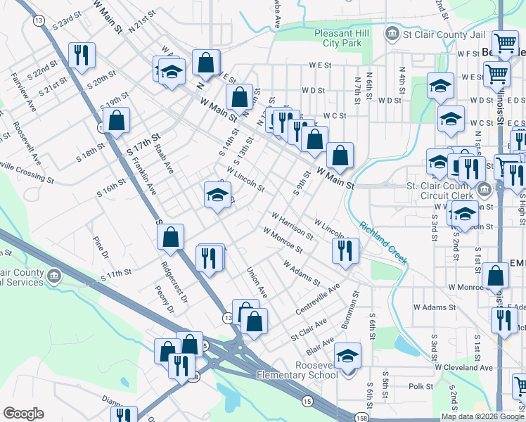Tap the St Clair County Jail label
pyautogui.click(x=439, y=32)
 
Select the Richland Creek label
pyautogui.click(x=383, y=243)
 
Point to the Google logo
pyautogui.click(x=23, y=414)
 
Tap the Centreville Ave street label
pyautogui.click(x=320, y=295)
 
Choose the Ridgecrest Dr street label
pyautogui.click(x=174, y=283)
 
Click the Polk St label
pyautogui.click(x=421, y=386)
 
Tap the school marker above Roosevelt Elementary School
pyautogui.click(x=347, y=356)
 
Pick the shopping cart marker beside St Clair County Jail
pyautogui.click(x=504, y=44)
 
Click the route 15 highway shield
pyautogui.click(x=307, y=401)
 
